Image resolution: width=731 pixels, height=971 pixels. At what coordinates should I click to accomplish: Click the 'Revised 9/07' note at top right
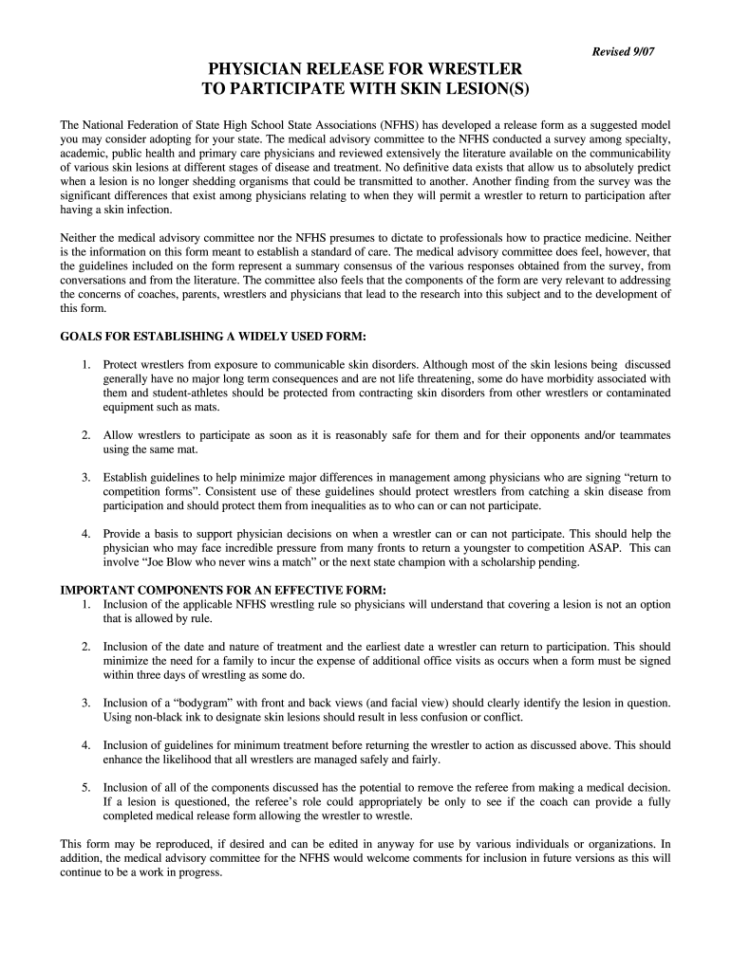pos(624,50)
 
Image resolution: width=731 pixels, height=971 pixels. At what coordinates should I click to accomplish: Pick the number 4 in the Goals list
pos(85,534)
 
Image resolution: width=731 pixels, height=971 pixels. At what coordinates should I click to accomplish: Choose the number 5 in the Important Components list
pos(85,787)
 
